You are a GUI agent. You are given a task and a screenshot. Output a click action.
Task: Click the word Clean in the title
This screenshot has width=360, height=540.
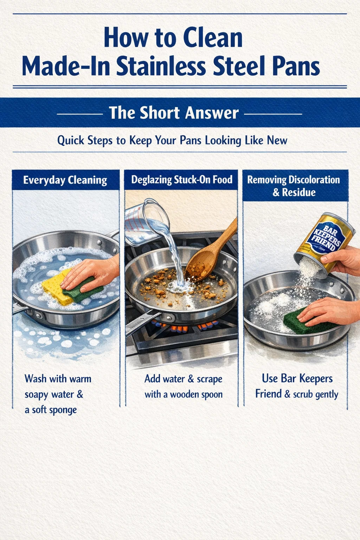tap(213, 38)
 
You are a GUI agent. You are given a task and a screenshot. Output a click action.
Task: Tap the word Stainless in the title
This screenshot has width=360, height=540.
tap(161, 66)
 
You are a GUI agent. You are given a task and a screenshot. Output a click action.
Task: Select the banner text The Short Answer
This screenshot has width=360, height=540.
tap(174, 113)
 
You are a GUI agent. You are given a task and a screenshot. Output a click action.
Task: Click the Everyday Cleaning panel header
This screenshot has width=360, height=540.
tap(65, 180)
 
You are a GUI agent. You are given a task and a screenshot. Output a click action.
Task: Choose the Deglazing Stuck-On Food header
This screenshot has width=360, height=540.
tap(181, 180)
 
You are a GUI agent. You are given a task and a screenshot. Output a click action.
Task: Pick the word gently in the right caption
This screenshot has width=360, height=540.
tap(327, 394)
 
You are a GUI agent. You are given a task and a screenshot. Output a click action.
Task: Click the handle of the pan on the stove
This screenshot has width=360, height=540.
tap(143, 323)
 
